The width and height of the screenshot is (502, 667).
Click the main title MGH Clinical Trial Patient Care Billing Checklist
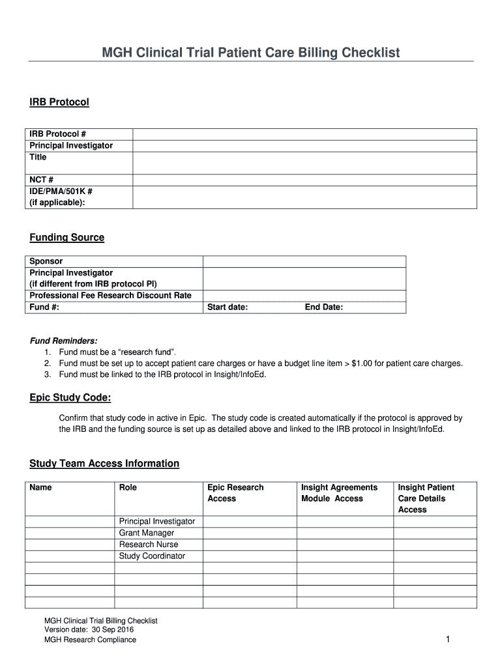tap(250, 52)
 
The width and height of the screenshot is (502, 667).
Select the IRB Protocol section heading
tap(59, 102)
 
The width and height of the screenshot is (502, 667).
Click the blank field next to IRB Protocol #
tap(304, 134)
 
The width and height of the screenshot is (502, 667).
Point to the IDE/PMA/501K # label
tap(61, 192)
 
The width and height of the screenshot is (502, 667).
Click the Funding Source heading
tap(66, 238)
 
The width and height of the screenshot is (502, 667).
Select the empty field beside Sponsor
tap(304, 261)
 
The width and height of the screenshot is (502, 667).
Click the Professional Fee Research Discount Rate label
tap(110, 296)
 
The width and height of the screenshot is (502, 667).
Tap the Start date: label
tap(227, 307)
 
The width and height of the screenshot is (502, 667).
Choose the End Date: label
tap(323, 307)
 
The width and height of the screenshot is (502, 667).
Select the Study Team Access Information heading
tap(104, 464)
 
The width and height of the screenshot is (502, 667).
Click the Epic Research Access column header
tap(235, 493)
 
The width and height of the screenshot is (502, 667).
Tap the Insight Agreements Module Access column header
tap(338, 493)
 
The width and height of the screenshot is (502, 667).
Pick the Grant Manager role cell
tap(146, 533)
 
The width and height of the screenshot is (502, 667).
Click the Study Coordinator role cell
tap(152, 556)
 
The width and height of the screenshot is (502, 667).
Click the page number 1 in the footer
tap(448, 640)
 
